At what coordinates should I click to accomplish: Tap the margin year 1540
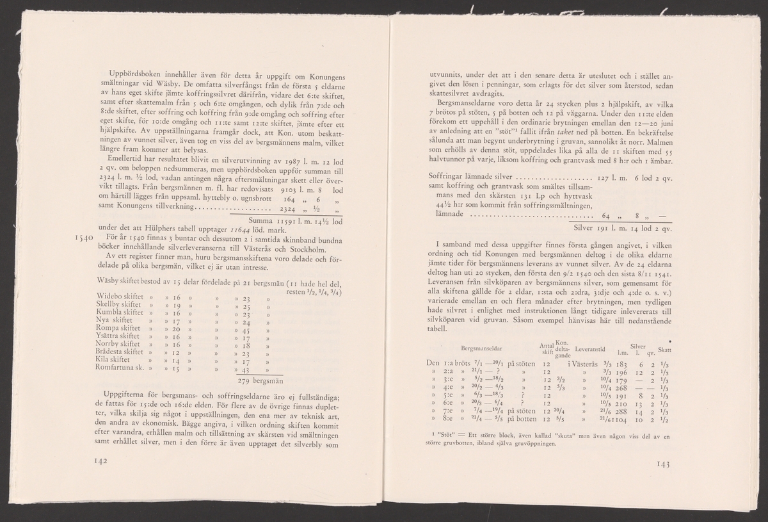point(84,238)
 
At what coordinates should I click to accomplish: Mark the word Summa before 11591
point(252,218)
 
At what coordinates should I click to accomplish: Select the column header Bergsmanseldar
point(481,347)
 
